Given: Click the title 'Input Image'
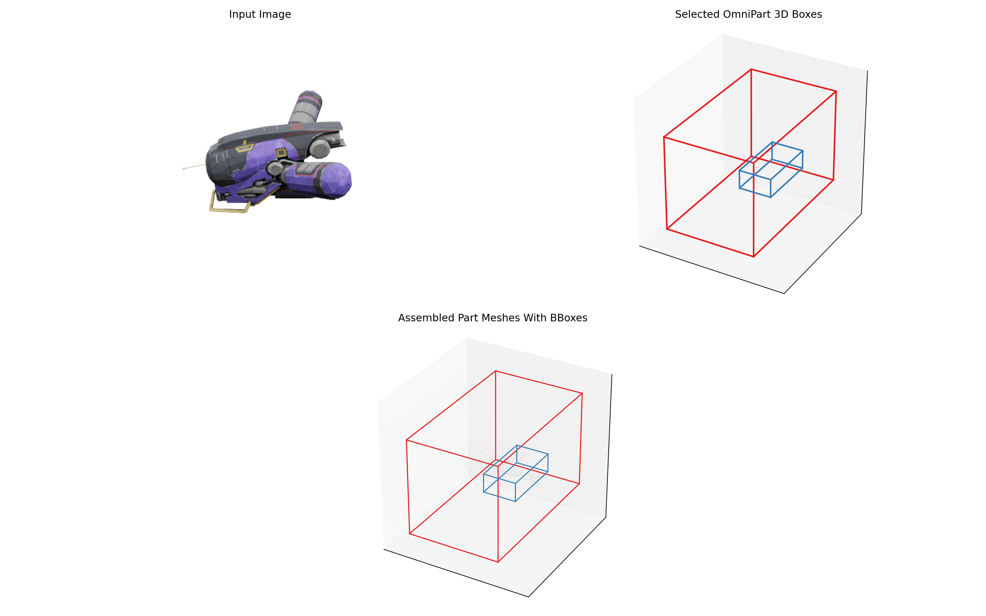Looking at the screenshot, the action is (x=260, y=15).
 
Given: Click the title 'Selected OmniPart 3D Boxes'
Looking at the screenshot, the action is (x=748, y=15).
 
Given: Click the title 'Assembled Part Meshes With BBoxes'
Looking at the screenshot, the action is (x=493, y=318).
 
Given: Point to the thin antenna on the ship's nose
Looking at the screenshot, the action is (x=194, y=167).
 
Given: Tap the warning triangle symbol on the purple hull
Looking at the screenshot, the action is (x=279, y=144).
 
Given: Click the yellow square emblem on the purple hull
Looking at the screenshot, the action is (x=281, y=154).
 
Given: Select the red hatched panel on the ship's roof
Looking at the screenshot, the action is (x=297, y=127).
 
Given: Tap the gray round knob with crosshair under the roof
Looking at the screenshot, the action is (x=320, y=149).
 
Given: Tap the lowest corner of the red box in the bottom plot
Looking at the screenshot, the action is (x=498, y=562).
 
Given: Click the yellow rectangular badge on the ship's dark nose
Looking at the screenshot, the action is (x=245, y=147).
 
